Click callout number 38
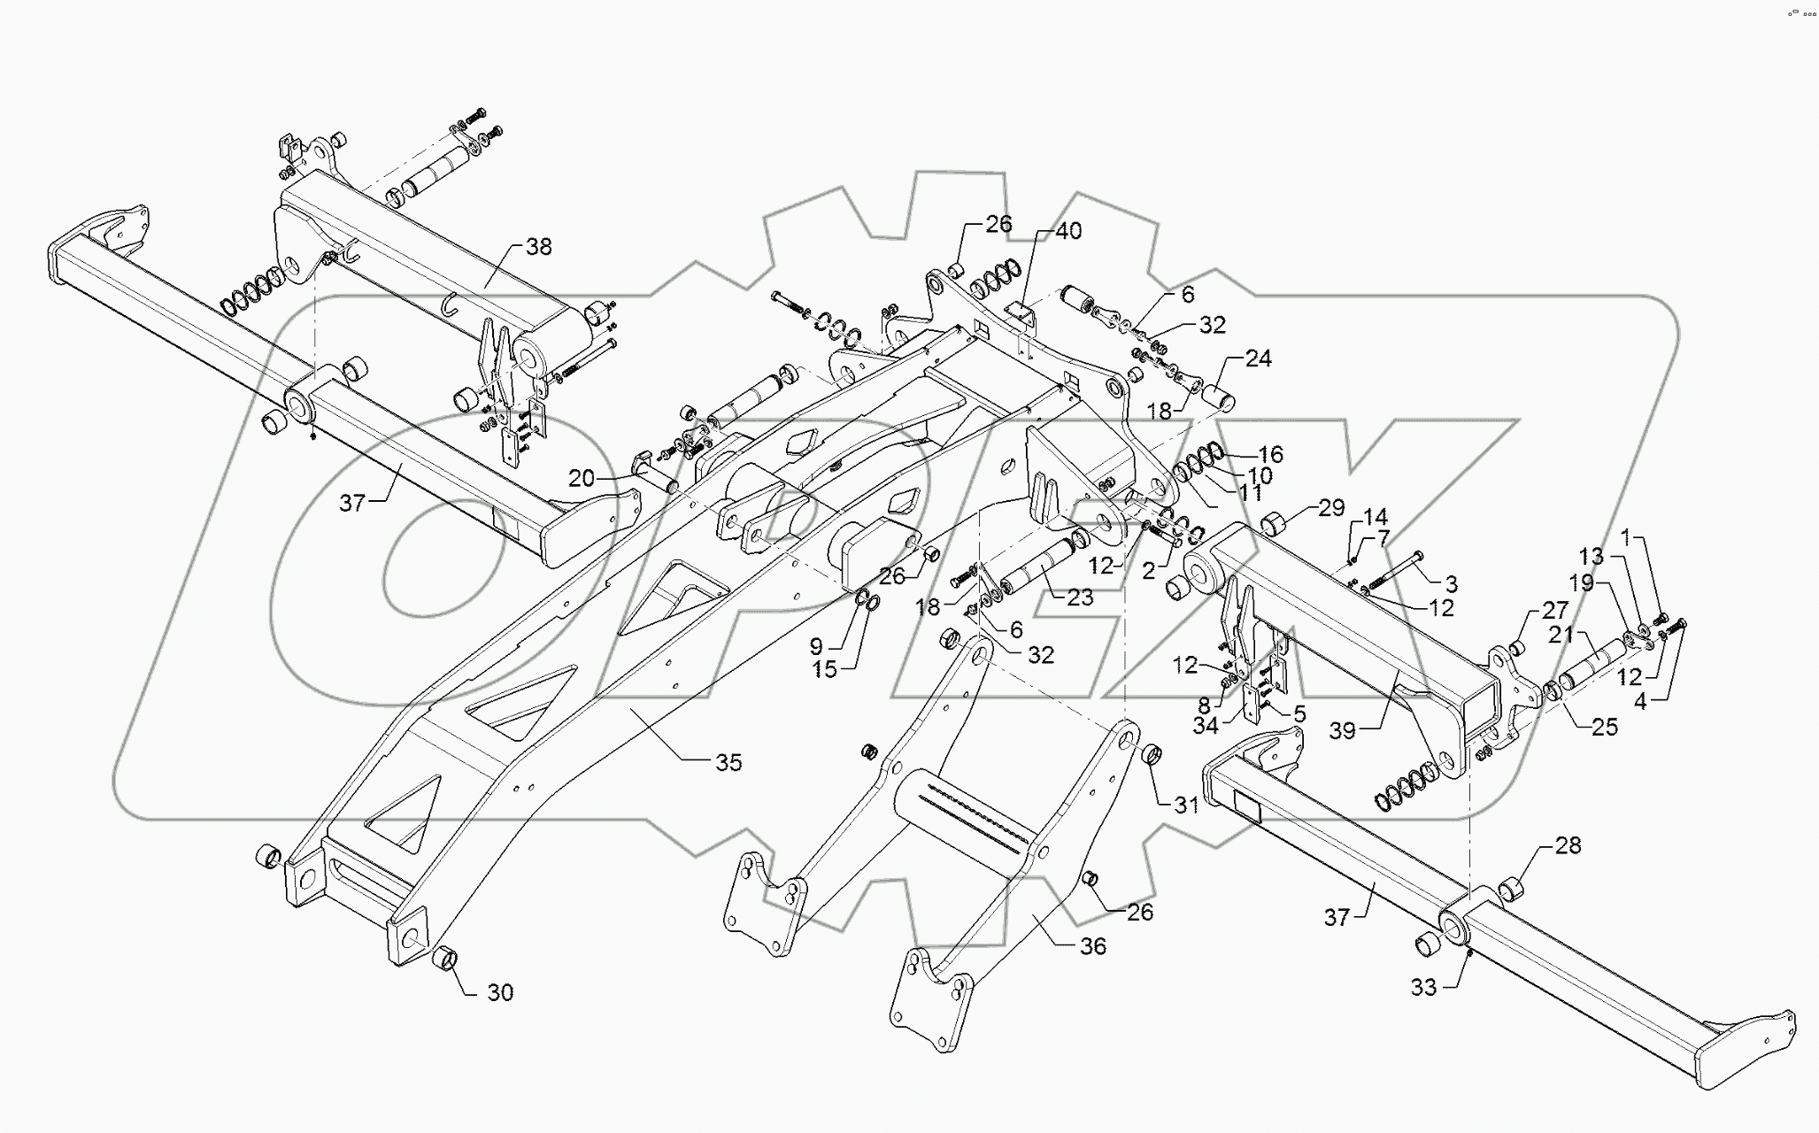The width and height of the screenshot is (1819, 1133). (538, 247)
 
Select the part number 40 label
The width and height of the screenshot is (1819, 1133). (1069, 231)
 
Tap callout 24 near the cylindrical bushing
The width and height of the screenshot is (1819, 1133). (1258, 358)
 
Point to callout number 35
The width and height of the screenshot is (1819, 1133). (728, 762)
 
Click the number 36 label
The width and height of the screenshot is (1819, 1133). (1093, 946)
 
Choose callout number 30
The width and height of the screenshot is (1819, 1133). (500, 992)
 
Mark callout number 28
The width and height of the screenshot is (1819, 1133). (1568, 845)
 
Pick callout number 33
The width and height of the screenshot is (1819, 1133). (1423, 987)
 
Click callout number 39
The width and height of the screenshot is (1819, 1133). (1343, 730)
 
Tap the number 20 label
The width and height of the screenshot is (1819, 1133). (582, 479)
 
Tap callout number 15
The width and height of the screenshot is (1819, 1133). (824, 670)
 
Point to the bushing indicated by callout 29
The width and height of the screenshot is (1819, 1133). (1275, 524)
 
